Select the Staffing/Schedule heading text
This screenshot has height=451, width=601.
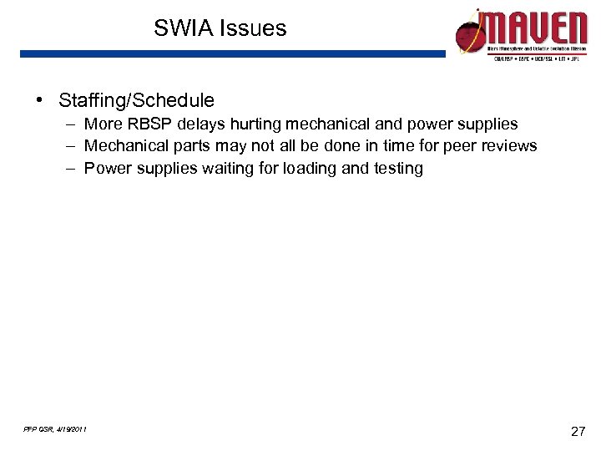pos(136,101)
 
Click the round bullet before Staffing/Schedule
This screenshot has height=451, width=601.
pos(39,100)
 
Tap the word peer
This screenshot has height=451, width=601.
pos(459,146)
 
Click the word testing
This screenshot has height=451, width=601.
pos(398,169)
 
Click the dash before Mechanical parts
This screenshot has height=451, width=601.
pos(74,146)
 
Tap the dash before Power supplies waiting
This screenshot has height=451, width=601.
pos(74,169)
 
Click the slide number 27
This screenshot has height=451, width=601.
pos(577,432)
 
